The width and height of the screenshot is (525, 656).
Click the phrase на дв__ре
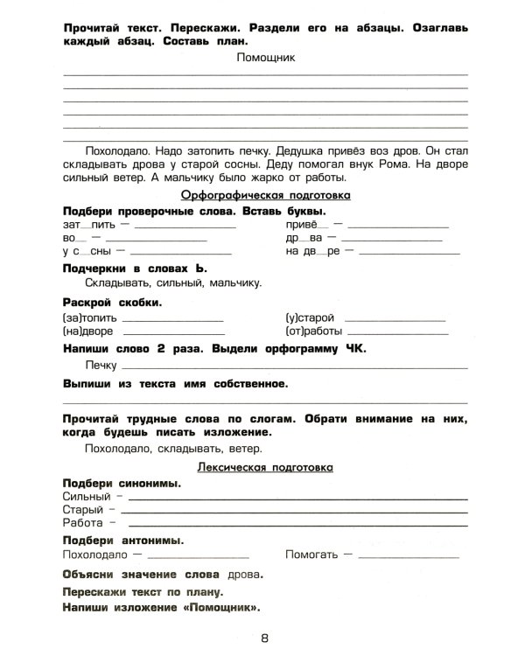pyautogui.click(x=312, y=252)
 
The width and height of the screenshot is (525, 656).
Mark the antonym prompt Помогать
pyautogui.click(x=313, y=555)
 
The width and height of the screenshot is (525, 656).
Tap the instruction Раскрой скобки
pyautogui.click(x=113, y=302)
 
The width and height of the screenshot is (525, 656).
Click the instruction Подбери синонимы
pyautogui.click(x=122, y=482)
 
